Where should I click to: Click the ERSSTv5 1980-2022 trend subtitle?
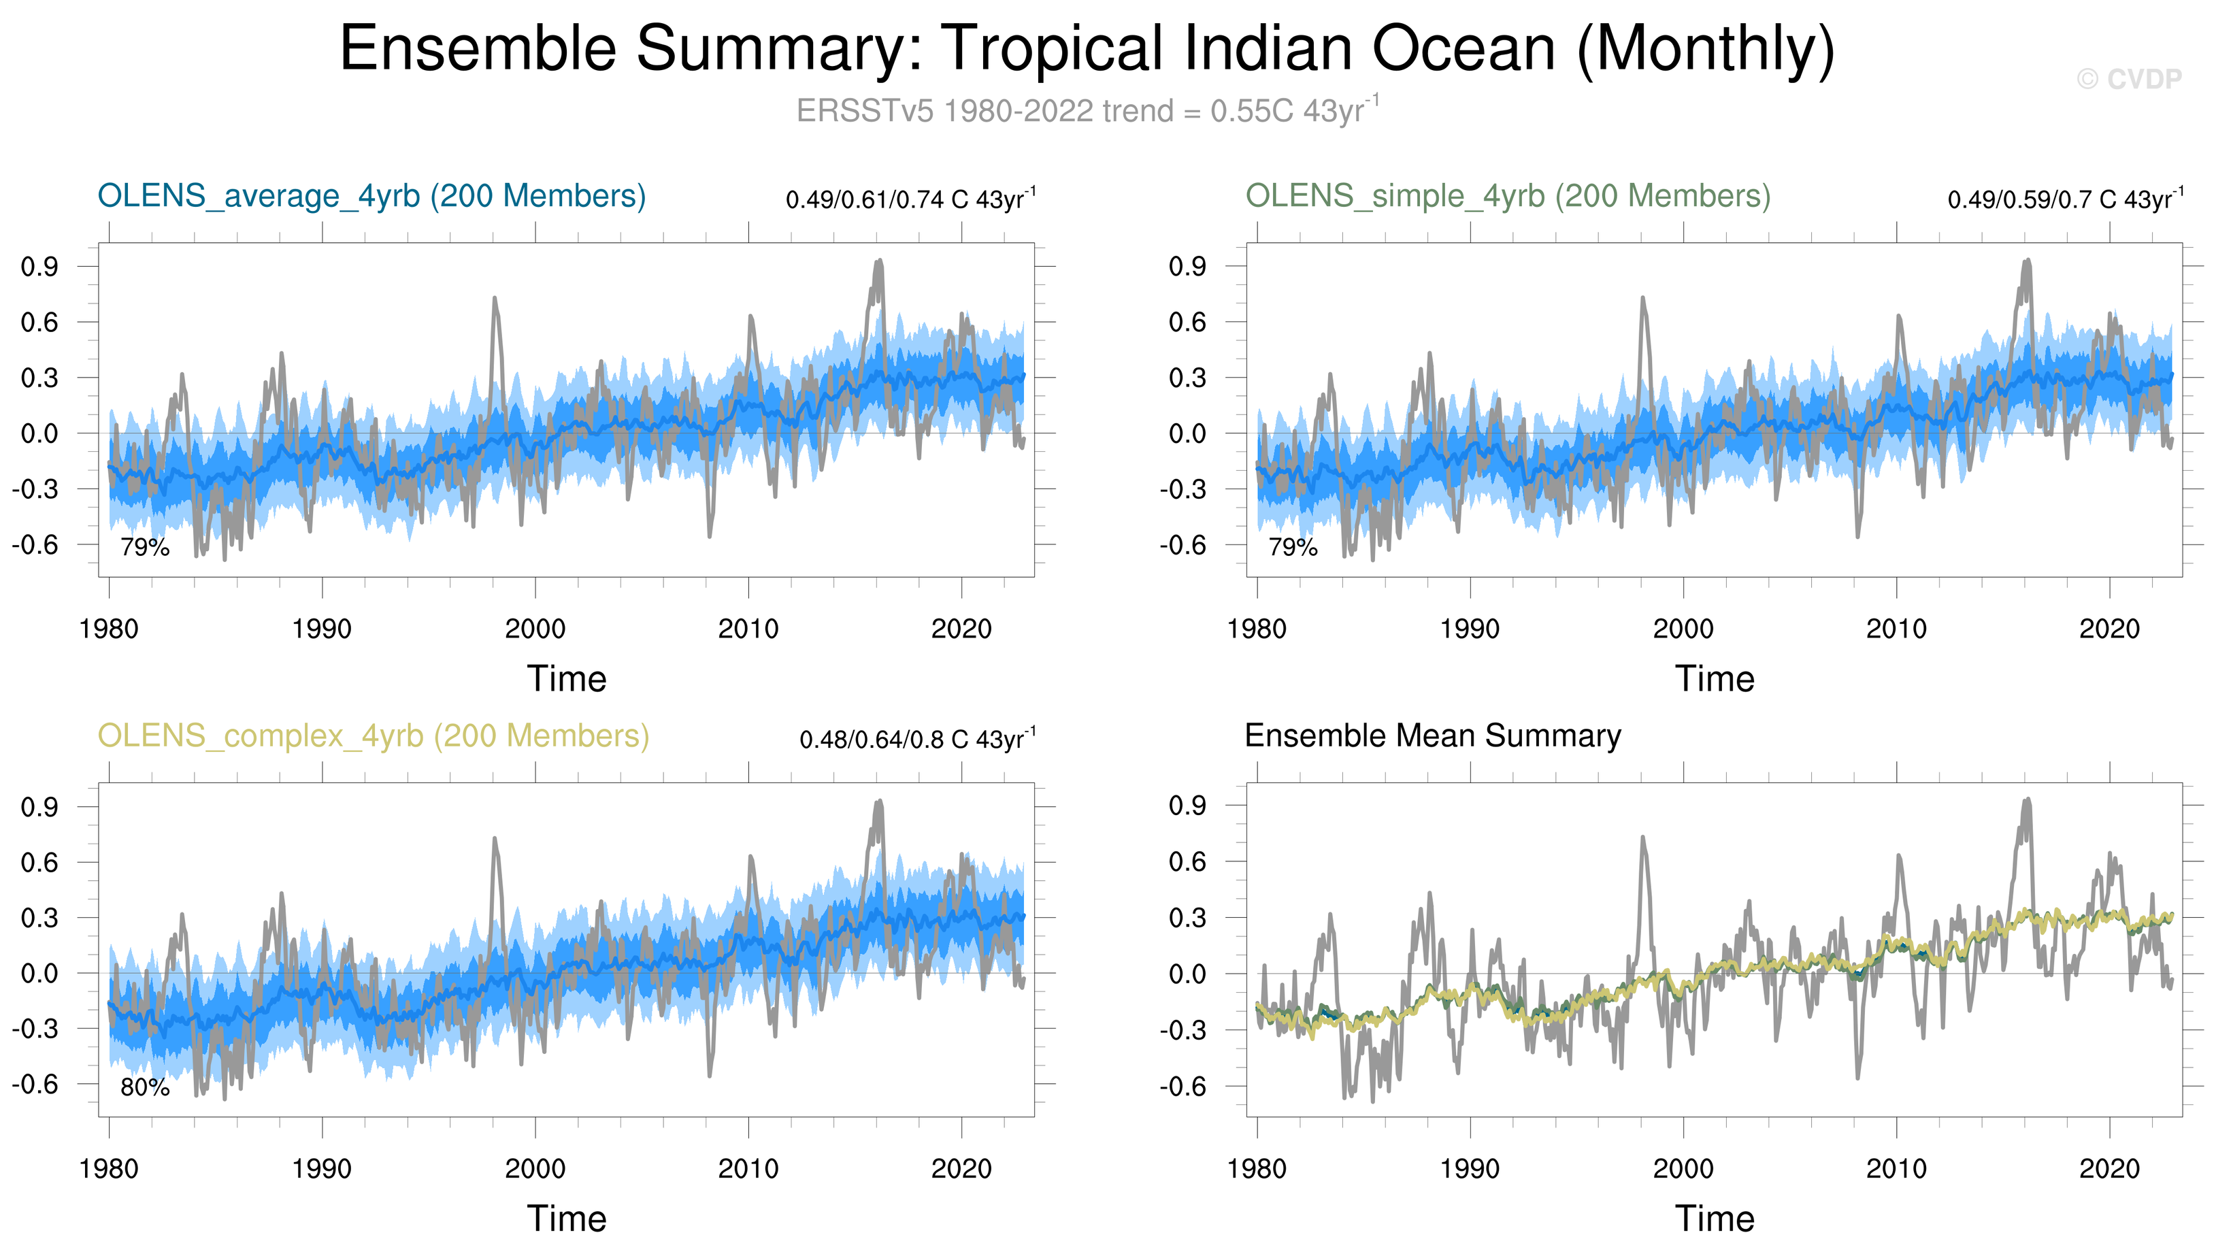pyautogui.click(x=1087, y=111)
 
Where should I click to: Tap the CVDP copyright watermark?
pyautogui.click(x=2128, y=79)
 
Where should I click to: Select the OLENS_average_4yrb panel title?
pyautogui.click(x=371, y=197)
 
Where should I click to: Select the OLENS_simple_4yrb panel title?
pyautogui.click(x=1507, y=197)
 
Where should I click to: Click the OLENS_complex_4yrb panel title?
pyautogui.click(x=373, y=736)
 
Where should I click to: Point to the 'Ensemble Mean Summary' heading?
pyautogui.click(x=1432, y=736)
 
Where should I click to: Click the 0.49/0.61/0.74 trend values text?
pyautogui.click(x=910, y=200)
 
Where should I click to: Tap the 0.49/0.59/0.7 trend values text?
pyautogui.click(x=2064, y=200)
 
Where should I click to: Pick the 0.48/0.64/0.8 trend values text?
pyautogui.click(x=916, y=740)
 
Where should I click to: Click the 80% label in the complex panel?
pyautogui.click(x=145, y=1088)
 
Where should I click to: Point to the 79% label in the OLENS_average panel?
pyautogui.click(x=145, y=547)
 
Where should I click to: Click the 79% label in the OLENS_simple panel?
pyautogui.click(x=1293, y=547)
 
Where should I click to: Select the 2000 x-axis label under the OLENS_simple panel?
pyautogui.click(x=1683, y=629)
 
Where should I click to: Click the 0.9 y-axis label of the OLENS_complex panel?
pyautogui.click(x=39, y=807)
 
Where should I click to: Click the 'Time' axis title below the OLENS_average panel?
pyautogui.click(x=567, y=678)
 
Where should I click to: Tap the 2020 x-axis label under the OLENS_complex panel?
pyautogui.click(x=961, y=1169)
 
